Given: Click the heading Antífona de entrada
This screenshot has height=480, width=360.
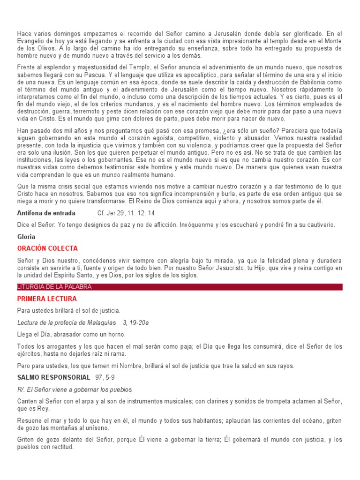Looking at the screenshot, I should [46, 213].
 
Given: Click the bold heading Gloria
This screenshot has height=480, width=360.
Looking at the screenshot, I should [26, 237].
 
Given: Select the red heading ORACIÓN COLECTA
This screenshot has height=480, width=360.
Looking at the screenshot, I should [47, 248].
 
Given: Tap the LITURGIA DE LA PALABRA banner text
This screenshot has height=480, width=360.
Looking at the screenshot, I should [54, 287].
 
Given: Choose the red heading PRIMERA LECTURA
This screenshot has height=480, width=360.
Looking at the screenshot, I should [47, 299].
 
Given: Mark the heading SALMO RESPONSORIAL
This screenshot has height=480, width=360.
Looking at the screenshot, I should [53, 377].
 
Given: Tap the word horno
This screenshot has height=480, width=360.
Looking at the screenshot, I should [116, 334].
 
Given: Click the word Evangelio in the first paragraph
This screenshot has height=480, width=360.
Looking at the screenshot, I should [32, 41].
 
